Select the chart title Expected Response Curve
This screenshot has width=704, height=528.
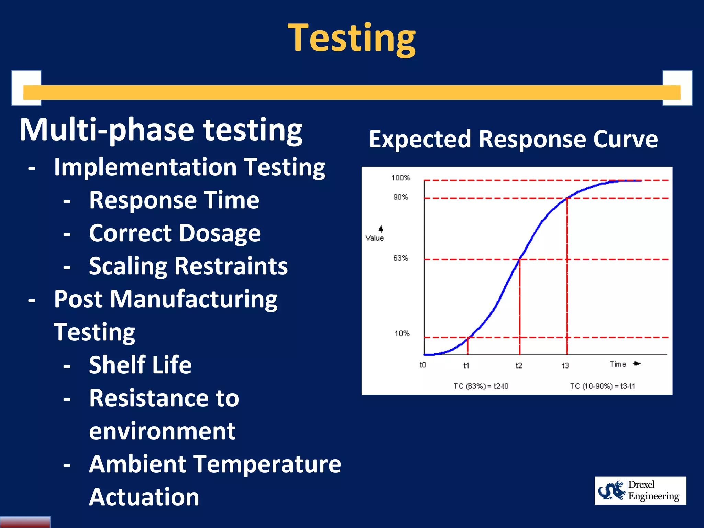[513, 139]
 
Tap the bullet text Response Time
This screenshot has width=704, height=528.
[174, 200]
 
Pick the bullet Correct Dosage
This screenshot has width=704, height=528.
[175, 233]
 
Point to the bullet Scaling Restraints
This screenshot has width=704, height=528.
[188, 266]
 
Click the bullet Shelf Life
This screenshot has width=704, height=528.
[140, 365]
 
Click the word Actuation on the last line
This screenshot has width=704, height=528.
[144, 497]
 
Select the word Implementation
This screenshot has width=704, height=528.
[145, 167]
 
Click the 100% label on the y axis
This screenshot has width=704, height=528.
[400, 178]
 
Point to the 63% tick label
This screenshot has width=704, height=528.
[400, 258]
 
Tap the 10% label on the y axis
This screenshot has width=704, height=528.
[401, 333]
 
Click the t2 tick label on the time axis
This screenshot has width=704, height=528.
[518, 365]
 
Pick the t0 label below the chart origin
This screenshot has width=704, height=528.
[423, 365]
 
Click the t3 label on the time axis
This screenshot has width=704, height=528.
[565, 365]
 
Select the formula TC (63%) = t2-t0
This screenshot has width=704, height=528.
[481, 386]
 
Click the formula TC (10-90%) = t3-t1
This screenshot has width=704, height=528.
[602, 386]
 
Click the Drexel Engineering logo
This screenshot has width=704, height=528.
[640, 491]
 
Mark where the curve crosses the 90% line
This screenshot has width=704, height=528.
[567, 198]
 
